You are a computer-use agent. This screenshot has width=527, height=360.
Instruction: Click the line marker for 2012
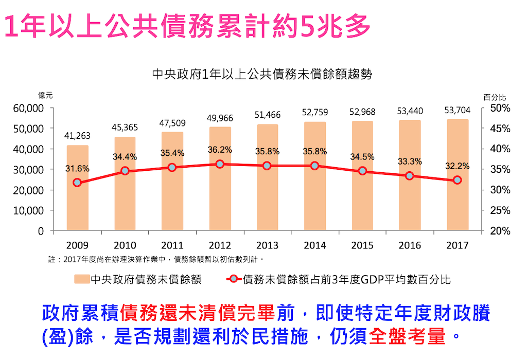coord(220,164)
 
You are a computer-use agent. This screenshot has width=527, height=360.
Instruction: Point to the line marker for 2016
coord(410,176)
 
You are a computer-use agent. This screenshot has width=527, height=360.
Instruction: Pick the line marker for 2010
coord(125,171)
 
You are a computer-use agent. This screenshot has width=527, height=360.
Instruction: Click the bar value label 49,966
coord(220,118)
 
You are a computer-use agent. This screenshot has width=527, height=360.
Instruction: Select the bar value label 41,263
coord(77,136)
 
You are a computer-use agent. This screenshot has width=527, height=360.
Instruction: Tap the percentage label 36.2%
coord(220,150)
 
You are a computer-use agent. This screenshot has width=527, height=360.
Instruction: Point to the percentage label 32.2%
coord(458,166)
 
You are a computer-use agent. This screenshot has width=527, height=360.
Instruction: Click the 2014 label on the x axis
coord(315,245)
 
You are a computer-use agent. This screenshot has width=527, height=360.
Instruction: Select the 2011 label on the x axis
coord(172,245)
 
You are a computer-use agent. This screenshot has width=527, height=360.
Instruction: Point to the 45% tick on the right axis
coord(499,129)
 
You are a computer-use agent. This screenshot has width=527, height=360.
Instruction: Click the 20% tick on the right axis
coord(499,231)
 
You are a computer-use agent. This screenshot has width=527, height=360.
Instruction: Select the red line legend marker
coord(235,279)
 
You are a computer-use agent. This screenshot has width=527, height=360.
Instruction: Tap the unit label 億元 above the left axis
coord(45,96)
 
